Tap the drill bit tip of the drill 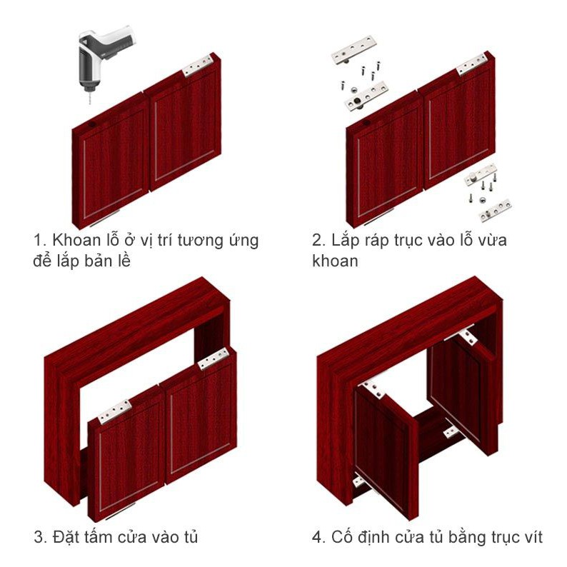coord(90,104)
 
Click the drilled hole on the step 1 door coord(91,125)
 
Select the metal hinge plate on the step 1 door coord(197,66)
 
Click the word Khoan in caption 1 coord(76,240)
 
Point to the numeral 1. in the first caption coord(40,240)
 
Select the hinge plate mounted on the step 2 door coord(472,64)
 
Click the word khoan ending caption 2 coord(335,261)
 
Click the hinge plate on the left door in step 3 coord(115,411)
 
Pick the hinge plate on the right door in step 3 coord(214,359)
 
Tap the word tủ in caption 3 coord(189,536)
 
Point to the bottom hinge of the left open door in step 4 coord(359,481)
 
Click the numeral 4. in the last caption coord(319,537)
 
